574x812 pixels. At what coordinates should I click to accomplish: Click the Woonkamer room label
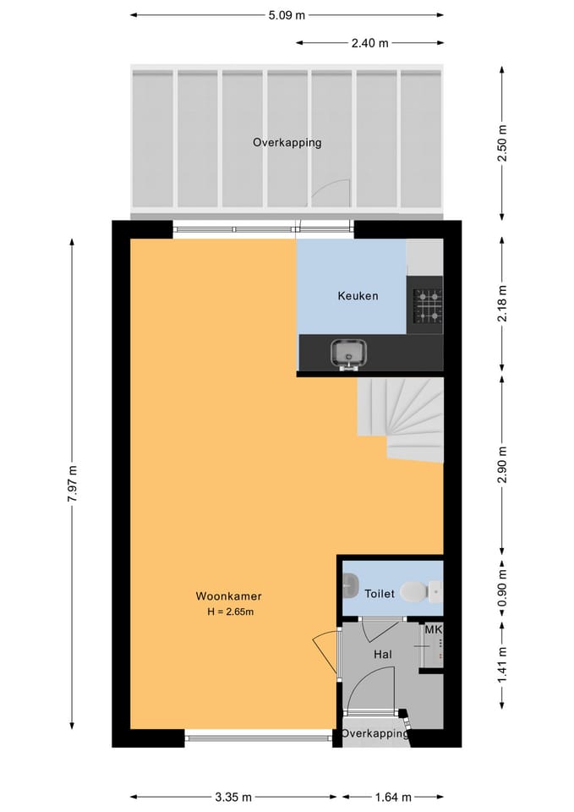pos(228,596)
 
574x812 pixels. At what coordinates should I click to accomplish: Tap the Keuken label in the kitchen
pos(358,296)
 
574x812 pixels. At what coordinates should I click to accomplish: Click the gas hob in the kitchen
pos(427,304)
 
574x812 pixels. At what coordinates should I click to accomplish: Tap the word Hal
pos(382,655)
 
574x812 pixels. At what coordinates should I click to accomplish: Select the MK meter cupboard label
pos(433,630)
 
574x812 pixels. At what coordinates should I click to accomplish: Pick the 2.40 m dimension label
pos(369,43)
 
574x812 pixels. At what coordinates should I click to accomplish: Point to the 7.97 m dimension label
pos(73,483)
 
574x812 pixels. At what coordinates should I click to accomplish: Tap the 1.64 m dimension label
pos(393,797)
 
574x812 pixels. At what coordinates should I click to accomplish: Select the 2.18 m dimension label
pos(501,303)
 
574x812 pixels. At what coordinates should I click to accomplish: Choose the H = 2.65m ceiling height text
pos(230,612)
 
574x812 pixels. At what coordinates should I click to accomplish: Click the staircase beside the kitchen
pos(400,420)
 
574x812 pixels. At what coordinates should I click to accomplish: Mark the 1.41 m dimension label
pos(501,665)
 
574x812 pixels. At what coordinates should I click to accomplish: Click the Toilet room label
pos(380,594)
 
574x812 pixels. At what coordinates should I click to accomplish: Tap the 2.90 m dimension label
pos(501,464)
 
